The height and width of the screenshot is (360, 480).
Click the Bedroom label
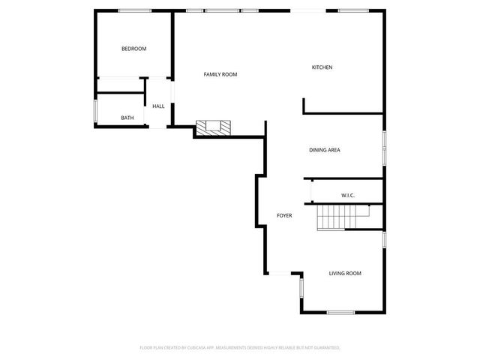click(x=134, y=49)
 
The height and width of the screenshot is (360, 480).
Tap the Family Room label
click(x=220, y=74)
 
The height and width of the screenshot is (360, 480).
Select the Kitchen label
click(x=322, y=67)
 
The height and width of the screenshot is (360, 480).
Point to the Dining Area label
click(x=325, y=150)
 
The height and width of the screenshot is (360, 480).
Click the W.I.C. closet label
click(x=347, y=195)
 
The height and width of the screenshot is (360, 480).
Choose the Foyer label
click(x=284, y=215)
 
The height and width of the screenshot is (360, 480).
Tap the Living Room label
click(x=345, y=273)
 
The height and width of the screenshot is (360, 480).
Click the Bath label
click(x=127, y=118)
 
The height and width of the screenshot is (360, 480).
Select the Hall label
click(x=158, y=106)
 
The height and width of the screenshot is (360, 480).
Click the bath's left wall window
click(x=95, y=111)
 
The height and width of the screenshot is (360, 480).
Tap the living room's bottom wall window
click(x=340, y=312)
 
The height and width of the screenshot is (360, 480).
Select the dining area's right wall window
click(x=385, y=148)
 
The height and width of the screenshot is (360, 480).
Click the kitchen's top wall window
click(x=351, y=10)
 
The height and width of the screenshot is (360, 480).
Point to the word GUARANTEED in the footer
click(x=325, y=348)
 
